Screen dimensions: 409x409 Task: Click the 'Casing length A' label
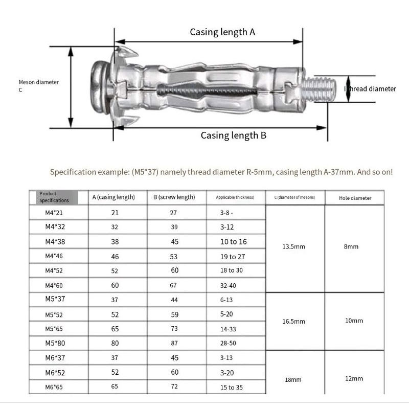[x=222, y=32]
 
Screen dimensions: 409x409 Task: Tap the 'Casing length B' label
[x=234, y=135]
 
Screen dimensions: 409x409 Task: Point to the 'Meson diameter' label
[x=39, y=82]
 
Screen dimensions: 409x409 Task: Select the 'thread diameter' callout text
[x=370, y=89]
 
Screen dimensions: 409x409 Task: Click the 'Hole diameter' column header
[x=355, y=198]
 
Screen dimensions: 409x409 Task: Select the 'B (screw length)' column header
[x=174, y=197]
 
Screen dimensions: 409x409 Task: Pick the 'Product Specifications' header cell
[x=54, y=197]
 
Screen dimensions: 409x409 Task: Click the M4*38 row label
[x=55, y=242]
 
